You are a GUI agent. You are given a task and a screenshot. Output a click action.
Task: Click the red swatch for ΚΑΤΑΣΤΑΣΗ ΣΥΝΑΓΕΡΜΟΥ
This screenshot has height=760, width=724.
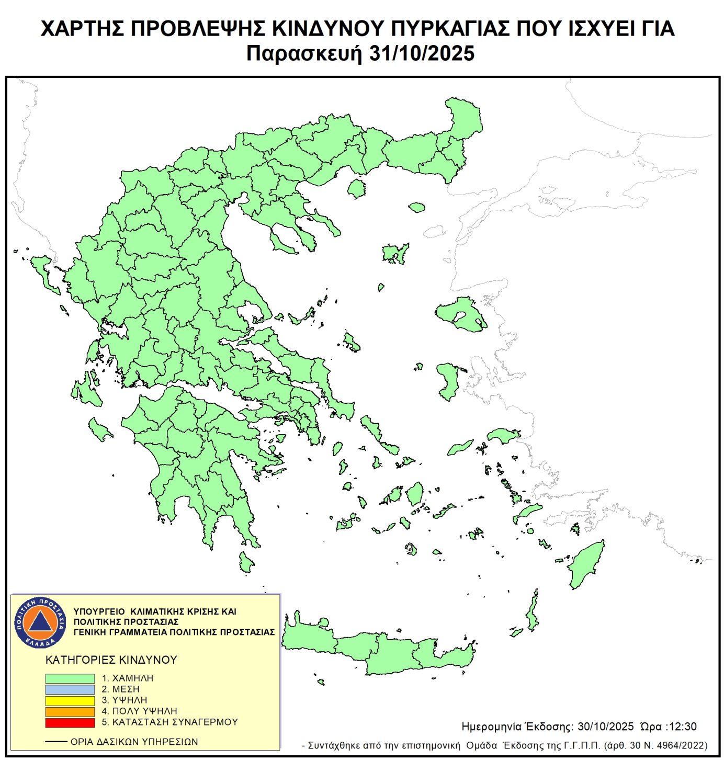(x=70, y=722)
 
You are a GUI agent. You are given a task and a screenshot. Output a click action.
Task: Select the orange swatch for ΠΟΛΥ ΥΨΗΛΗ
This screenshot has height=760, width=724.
(x=70, y=711)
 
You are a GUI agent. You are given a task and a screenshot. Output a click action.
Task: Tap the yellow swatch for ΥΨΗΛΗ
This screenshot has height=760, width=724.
(x=70, y=700)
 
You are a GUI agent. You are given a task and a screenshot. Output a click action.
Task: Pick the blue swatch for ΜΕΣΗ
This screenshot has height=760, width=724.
(x=70, y=689)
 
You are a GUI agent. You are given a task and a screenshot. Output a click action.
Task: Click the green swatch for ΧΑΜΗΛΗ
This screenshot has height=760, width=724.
(x=70, y=678)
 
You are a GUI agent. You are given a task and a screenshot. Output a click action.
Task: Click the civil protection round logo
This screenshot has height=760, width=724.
(x=40, y=622)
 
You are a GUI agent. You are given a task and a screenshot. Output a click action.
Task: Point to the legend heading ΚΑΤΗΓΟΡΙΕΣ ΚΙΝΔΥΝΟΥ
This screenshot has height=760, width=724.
(x=111, y=660)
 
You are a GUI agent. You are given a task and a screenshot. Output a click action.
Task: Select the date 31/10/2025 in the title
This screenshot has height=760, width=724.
(x=422, y=54)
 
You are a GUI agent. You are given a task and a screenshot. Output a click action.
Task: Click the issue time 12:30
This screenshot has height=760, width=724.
(x=683, y=727)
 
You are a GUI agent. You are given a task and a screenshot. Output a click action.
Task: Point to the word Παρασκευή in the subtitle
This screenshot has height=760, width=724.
(x=304, y=54)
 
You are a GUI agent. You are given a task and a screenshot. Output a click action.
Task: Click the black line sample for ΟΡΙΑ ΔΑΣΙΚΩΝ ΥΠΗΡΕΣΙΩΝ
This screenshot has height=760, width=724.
(x=56, y=742)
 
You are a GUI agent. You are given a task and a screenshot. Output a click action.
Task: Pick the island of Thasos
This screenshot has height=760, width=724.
(x=357, y=188)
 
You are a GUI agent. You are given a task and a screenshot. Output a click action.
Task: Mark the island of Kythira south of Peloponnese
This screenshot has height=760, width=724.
(x=245, y=562)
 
